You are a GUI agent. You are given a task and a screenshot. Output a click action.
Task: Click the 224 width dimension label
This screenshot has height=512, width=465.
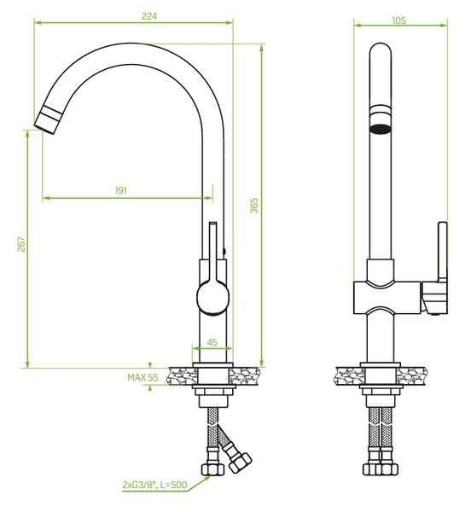pyautogui.click(x=149, y=16)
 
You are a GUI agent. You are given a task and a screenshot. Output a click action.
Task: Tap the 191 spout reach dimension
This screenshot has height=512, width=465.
pyautogui.click(x=121, y=190)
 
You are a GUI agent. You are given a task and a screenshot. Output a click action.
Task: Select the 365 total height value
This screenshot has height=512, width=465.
pyautogui.click(x=253, y=206)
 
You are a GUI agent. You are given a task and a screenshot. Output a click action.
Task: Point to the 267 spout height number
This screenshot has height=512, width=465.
pyautogui.click(x=21, y=244)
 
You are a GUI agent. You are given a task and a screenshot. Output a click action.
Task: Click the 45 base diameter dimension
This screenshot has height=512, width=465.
pyautogui.click(x=212, y=342)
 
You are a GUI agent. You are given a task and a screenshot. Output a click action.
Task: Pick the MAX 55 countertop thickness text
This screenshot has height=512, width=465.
pyautogui.click(x=142, y=377)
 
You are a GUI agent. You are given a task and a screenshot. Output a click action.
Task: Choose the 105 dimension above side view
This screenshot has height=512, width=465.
pyautogui.click(x=398, y=20)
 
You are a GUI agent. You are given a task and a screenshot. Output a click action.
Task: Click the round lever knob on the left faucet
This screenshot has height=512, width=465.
pyautogui.click(x=213, y=298)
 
